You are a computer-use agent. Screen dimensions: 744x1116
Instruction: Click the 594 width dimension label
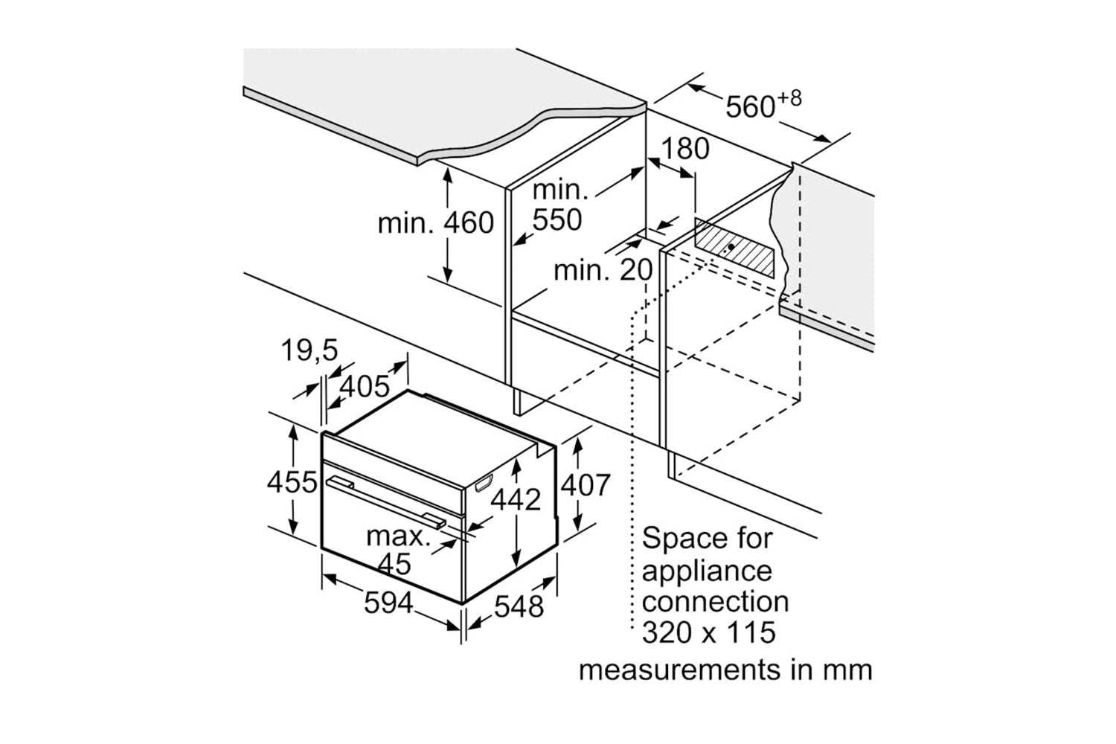[x=388, y=602]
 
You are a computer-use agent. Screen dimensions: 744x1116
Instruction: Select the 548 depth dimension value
[x=519, y=606]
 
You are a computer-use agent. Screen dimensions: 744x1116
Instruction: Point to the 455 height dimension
[x=292, y=483]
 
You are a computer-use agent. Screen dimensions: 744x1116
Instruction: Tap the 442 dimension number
[x=516, y=499]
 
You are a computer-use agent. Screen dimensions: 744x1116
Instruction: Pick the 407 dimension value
[x=585, y=485]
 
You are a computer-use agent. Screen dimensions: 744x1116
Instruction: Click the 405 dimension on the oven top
[x=365, y=385]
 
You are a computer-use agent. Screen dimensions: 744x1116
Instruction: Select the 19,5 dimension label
[x=310, y=350]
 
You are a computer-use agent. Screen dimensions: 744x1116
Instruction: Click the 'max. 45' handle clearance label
[x=397, y=549]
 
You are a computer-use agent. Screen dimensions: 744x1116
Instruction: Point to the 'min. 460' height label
[x=436, y=222]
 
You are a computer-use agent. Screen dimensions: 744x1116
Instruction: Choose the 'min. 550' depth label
[x=559, y=205]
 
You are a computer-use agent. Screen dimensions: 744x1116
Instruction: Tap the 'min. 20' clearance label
[x=603, y=269]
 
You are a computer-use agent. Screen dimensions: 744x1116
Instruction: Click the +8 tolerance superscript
[x=790, y=98]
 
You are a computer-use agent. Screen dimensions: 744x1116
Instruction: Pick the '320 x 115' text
[x=709, y=632]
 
